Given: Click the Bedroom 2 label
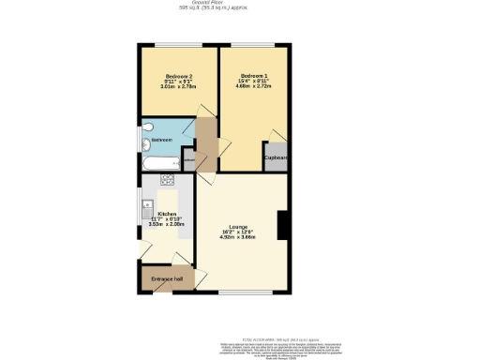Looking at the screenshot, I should (x=179, y=76).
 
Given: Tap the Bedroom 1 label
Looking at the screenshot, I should (x=254, y=75).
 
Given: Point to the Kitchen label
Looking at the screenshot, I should (x=167, y=213).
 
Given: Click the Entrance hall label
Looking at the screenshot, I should (x=167, y=278).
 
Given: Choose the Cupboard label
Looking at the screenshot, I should (x=276, y=157).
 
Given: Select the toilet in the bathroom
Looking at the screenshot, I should (x=149, y=127).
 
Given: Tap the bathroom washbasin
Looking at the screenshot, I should (x=146, y=144).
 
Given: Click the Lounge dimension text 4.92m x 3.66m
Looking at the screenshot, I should (x=237, y=237).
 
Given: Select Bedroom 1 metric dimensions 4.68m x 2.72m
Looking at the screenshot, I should (x=254, y=86).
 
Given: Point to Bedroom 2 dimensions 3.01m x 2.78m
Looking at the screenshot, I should (x=179, y=87).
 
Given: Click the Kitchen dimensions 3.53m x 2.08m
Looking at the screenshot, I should (x=167, y=224).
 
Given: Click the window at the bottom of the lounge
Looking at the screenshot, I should (x=243, y=294).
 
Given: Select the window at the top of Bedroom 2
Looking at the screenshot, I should (x=178, y=46).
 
